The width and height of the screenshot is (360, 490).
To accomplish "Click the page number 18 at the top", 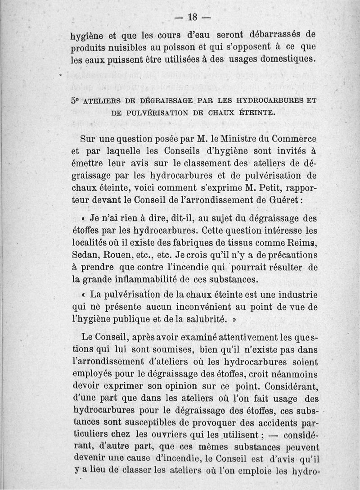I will point(193,17).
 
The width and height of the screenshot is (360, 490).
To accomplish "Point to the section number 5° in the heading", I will point(75,101).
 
